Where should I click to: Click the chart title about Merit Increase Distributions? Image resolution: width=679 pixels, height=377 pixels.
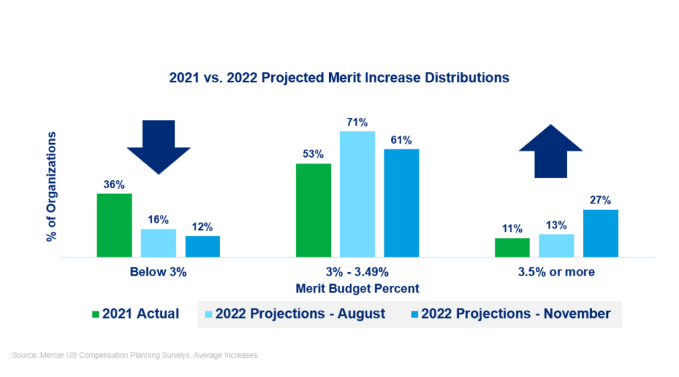339,78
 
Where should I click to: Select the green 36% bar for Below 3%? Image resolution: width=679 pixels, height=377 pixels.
114,225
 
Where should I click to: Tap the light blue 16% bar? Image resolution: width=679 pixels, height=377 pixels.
158,243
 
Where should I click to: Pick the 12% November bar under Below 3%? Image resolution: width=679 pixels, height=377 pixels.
202,246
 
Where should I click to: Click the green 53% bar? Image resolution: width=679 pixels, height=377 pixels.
313,210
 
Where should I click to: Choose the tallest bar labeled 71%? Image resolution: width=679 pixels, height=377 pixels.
357,194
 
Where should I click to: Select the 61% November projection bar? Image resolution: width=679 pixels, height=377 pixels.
401,203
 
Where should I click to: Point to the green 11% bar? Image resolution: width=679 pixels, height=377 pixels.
512,247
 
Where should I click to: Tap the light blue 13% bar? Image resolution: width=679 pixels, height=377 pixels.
556,245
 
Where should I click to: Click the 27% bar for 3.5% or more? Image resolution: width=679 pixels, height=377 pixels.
600,233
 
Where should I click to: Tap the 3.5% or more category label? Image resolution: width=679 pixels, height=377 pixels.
556,272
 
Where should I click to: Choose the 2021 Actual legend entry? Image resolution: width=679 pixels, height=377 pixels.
135,314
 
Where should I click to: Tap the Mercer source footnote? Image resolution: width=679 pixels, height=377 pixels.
135,356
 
